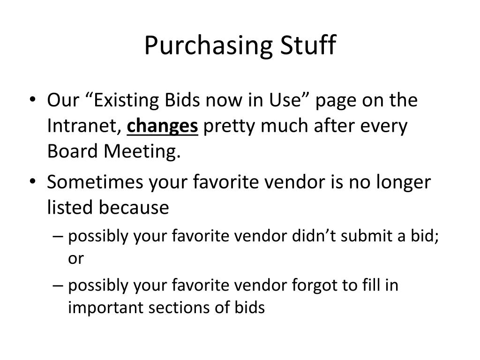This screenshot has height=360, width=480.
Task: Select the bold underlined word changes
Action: (163, 127)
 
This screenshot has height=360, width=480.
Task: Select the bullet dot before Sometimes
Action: (38, 182)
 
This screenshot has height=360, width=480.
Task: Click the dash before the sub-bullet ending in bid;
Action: (59, 237)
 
